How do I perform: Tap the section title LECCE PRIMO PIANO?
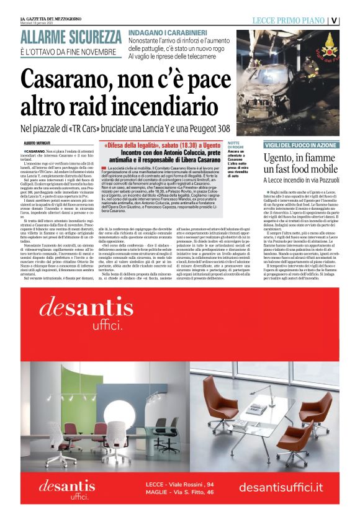click(289, 20)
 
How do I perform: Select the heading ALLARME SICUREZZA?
click(70, 36)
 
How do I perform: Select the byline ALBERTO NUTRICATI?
click(42, 143)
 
